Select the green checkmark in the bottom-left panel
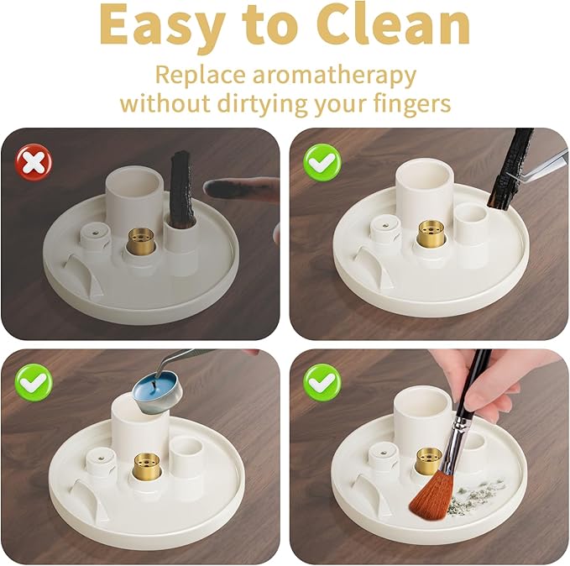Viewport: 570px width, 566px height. tap(34, 383)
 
